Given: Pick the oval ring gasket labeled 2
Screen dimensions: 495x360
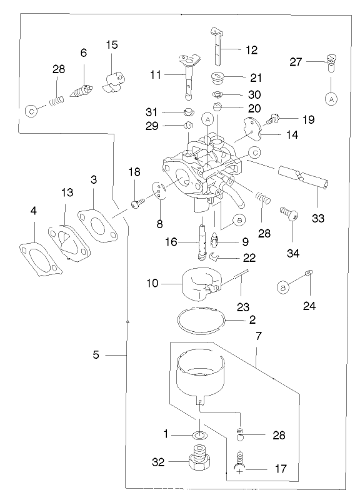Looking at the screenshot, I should [x=200, y=320].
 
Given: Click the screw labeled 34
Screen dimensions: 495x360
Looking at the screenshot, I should [x=291, y=214].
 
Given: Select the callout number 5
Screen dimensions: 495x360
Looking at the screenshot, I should [x=96, y=355].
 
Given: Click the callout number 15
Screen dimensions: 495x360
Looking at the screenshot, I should [x=111, y=45].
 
